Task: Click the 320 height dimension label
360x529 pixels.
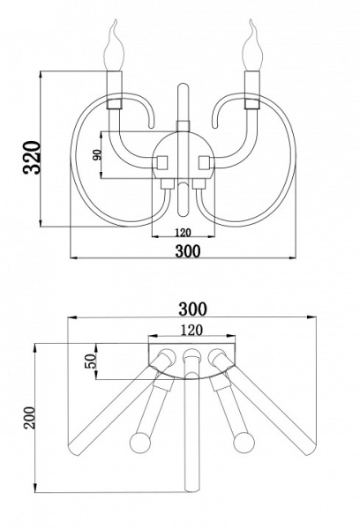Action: pos(32,158)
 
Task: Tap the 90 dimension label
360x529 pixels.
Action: pos(96,155)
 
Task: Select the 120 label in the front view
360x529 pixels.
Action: pos(183,232)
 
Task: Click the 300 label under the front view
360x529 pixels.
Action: pos(188,250)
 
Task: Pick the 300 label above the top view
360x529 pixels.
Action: pos(191,309)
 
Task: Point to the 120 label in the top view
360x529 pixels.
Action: pos(191,330)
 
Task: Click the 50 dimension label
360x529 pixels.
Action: pos(91,361)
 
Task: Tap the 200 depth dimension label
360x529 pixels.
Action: pos(29,418)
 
